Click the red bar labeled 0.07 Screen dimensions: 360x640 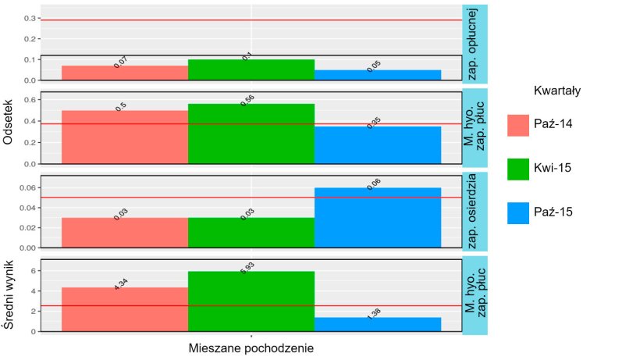pos(125,73)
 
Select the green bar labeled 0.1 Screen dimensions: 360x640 pos(251,70)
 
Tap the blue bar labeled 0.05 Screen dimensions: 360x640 pos(378,75)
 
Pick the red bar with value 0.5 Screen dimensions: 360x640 pos(125,137)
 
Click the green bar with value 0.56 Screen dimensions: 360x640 pos(251,134)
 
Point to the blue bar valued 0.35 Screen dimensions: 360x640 pos(378,145)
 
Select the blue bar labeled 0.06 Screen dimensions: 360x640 pos(378,218)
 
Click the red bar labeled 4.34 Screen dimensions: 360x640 pos(125,309)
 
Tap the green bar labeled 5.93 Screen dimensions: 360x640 pos(251,301)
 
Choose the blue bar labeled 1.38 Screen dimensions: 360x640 pos(378,324)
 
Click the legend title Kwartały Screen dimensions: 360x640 pos(556,91)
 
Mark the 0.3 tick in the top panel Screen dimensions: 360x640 pos(30,18)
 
